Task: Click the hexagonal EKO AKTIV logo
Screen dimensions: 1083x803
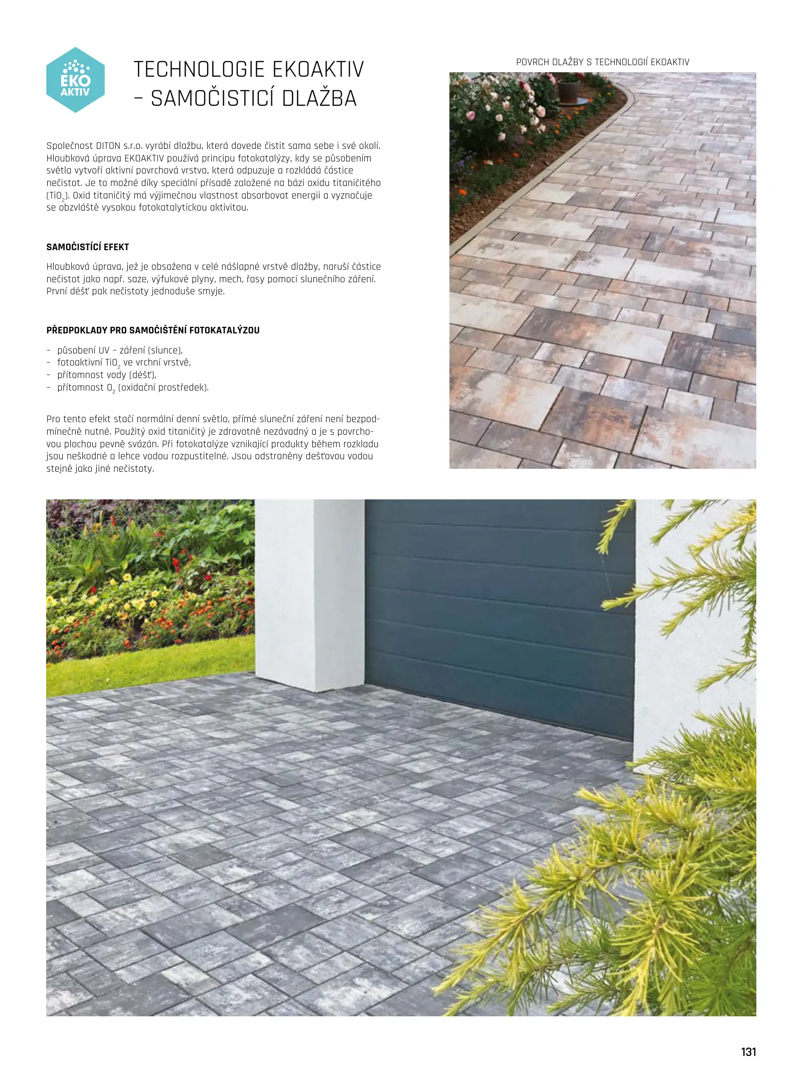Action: point(75,80)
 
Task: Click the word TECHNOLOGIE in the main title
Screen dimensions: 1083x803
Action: point(199,69)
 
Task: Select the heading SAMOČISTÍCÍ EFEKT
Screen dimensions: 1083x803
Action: point(88,247)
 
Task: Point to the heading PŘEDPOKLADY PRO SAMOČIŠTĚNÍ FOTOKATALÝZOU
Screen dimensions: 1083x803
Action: point(153,330)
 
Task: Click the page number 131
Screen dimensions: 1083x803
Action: point(748,1052)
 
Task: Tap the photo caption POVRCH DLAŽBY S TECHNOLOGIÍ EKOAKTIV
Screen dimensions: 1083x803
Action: point(602,62)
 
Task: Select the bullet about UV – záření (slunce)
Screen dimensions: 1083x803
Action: point(120,350)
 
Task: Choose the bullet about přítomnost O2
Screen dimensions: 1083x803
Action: point(133,388)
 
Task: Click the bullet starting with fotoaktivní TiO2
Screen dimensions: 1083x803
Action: point(124,363)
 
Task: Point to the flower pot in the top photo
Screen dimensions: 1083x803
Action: point(568,91)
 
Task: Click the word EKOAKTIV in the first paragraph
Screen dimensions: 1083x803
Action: point(144,158)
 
